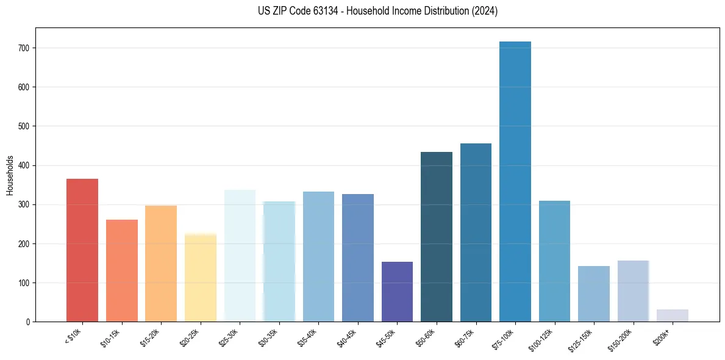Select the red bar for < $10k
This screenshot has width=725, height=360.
pos(82,250)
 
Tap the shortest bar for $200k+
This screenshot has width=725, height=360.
pos(673,315)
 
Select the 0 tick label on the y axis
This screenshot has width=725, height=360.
pos(29,322)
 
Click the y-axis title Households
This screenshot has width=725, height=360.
pos(10,175)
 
